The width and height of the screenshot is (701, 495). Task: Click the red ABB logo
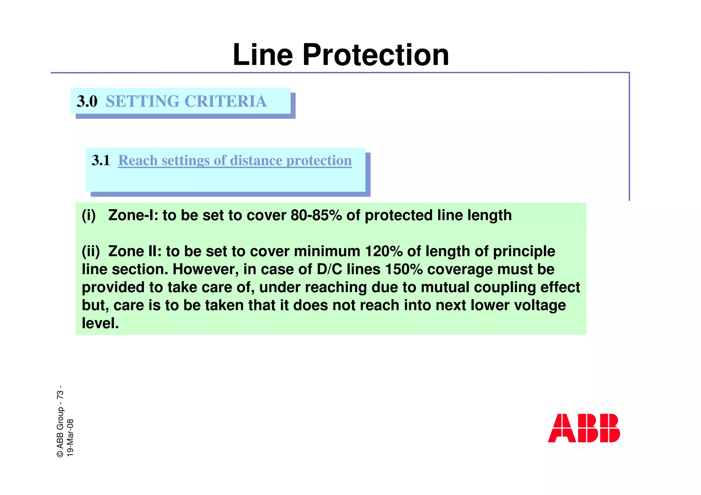tap(584, 428)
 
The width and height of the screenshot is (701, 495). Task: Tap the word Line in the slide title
tap(263, 55)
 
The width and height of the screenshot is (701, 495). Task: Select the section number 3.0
tap(87, 101)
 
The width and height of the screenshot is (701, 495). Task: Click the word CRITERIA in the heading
tap(226, 101)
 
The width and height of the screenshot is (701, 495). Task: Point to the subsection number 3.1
tap(101, 160)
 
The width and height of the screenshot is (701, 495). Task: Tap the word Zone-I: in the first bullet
tap(133, 216)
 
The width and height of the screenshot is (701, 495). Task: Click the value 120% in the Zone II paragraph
tap(383, 251)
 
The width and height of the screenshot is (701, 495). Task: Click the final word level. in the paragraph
tap(100, 323)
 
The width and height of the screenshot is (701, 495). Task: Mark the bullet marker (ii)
tap(91, 251)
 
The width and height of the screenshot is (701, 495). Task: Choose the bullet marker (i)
tap(89, 216)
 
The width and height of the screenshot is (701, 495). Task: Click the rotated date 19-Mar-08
tap(70, 438)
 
